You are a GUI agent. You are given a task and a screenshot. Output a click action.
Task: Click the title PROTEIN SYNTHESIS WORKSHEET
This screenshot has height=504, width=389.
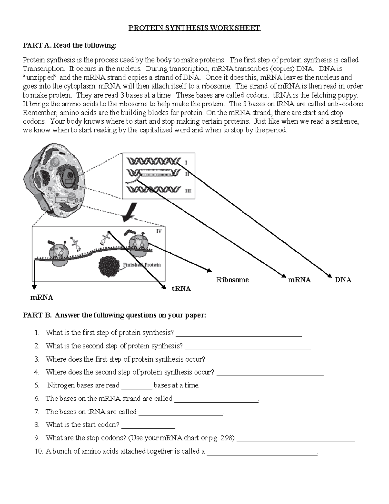click(194, 28)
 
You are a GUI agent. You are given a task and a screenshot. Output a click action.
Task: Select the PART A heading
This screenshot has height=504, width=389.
click(69, 45)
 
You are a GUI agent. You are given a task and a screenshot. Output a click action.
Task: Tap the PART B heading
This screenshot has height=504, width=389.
click(114, 315)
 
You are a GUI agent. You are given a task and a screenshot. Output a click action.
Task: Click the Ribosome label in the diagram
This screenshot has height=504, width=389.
click(232, 280)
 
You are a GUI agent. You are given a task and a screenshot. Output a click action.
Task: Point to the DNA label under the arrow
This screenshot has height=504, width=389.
click(343, 280)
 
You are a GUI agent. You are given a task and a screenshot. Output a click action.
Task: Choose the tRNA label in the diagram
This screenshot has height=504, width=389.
click(181, 289)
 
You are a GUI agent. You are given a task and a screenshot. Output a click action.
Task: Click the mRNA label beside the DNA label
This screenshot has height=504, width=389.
click(299, 280)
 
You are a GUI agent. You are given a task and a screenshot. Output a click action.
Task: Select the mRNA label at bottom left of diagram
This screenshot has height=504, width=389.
click(41, 297)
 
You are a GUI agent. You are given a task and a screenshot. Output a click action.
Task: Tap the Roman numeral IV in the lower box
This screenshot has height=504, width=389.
click(159, 231)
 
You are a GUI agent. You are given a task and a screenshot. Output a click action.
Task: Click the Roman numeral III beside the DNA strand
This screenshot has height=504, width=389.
click(188, 191)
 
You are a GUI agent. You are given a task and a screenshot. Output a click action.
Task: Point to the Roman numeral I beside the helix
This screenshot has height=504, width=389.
click(186, 162)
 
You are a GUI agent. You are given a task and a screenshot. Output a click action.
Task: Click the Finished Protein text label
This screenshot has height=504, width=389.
click(142, 265)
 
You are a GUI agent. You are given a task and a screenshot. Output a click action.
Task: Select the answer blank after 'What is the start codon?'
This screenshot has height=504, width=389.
click(148, 427)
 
